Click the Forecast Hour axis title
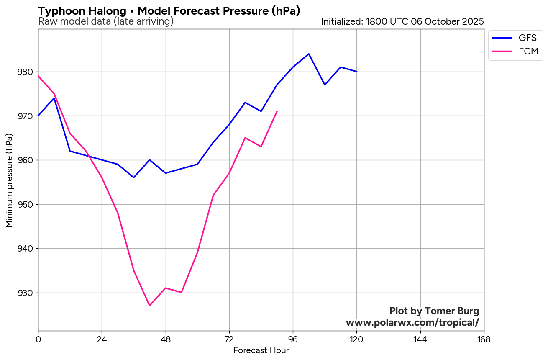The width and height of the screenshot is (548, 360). (261, 351)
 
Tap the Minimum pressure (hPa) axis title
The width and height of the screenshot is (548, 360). (10, 180)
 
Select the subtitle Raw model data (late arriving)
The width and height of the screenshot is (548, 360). (105, 21)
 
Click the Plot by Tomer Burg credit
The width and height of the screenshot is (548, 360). (434, 311)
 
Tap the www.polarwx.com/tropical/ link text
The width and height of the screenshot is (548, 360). (412, 323)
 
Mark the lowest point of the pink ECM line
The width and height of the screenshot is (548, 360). (149, 306)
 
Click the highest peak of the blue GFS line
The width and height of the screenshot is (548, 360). (309, 54)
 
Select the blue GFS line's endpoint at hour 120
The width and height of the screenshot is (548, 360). (356, 72)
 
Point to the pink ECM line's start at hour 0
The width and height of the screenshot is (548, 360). (38, 76)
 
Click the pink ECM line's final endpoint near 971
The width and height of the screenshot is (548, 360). (277, 111)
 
